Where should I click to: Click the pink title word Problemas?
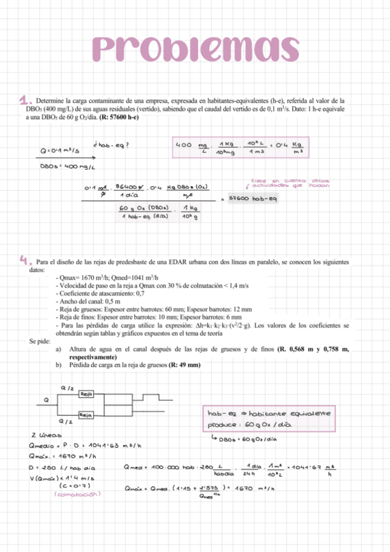click(x=195, y=48)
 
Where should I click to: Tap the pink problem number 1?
click(x=25, y=100)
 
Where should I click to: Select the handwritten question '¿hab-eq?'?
click(x=111, y=145)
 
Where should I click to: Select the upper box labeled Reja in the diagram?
click(x=86, y=394)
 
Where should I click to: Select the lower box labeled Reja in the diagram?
click(x=85, y=415)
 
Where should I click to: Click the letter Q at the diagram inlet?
click(x=46, y=400)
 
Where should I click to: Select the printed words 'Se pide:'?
click(x=40, y=340)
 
